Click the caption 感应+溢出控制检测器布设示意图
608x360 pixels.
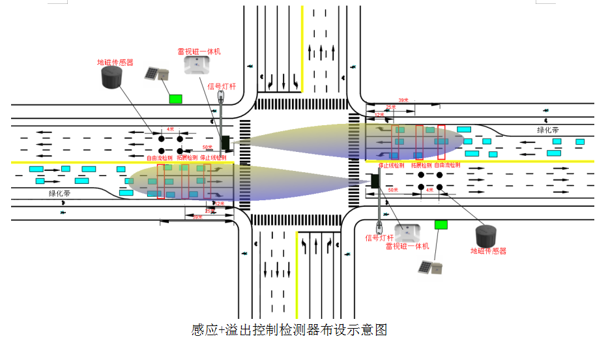(x=289, y=330)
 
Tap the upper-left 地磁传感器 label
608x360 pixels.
(x=115, y=63)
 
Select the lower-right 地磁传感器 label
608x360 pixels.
(x=488, y=250)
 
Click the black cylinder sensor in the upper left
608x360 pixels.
(x=115, y=79)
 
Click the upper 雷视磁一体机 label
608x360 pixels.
(x=199, y=51)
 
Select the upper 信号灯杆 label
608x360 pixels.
(x=221, y=86)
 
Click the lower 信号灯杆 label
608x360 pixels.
(x=379, y=238)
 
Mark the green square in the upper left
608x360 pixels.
(x=175, y=98)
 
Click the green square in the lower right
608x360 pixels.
(x=441, y=224)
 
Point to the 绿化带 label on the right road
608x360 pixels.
(x=548, y=130)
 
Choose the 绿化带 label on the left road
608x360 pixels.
(x=59, y=194)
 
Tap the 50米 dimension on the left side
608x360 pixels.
(x=207, y=147)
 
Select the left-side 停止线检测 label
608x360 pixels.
(x=213, y=158)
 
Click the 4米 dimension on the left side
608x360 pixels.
(x=171, y=129)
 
